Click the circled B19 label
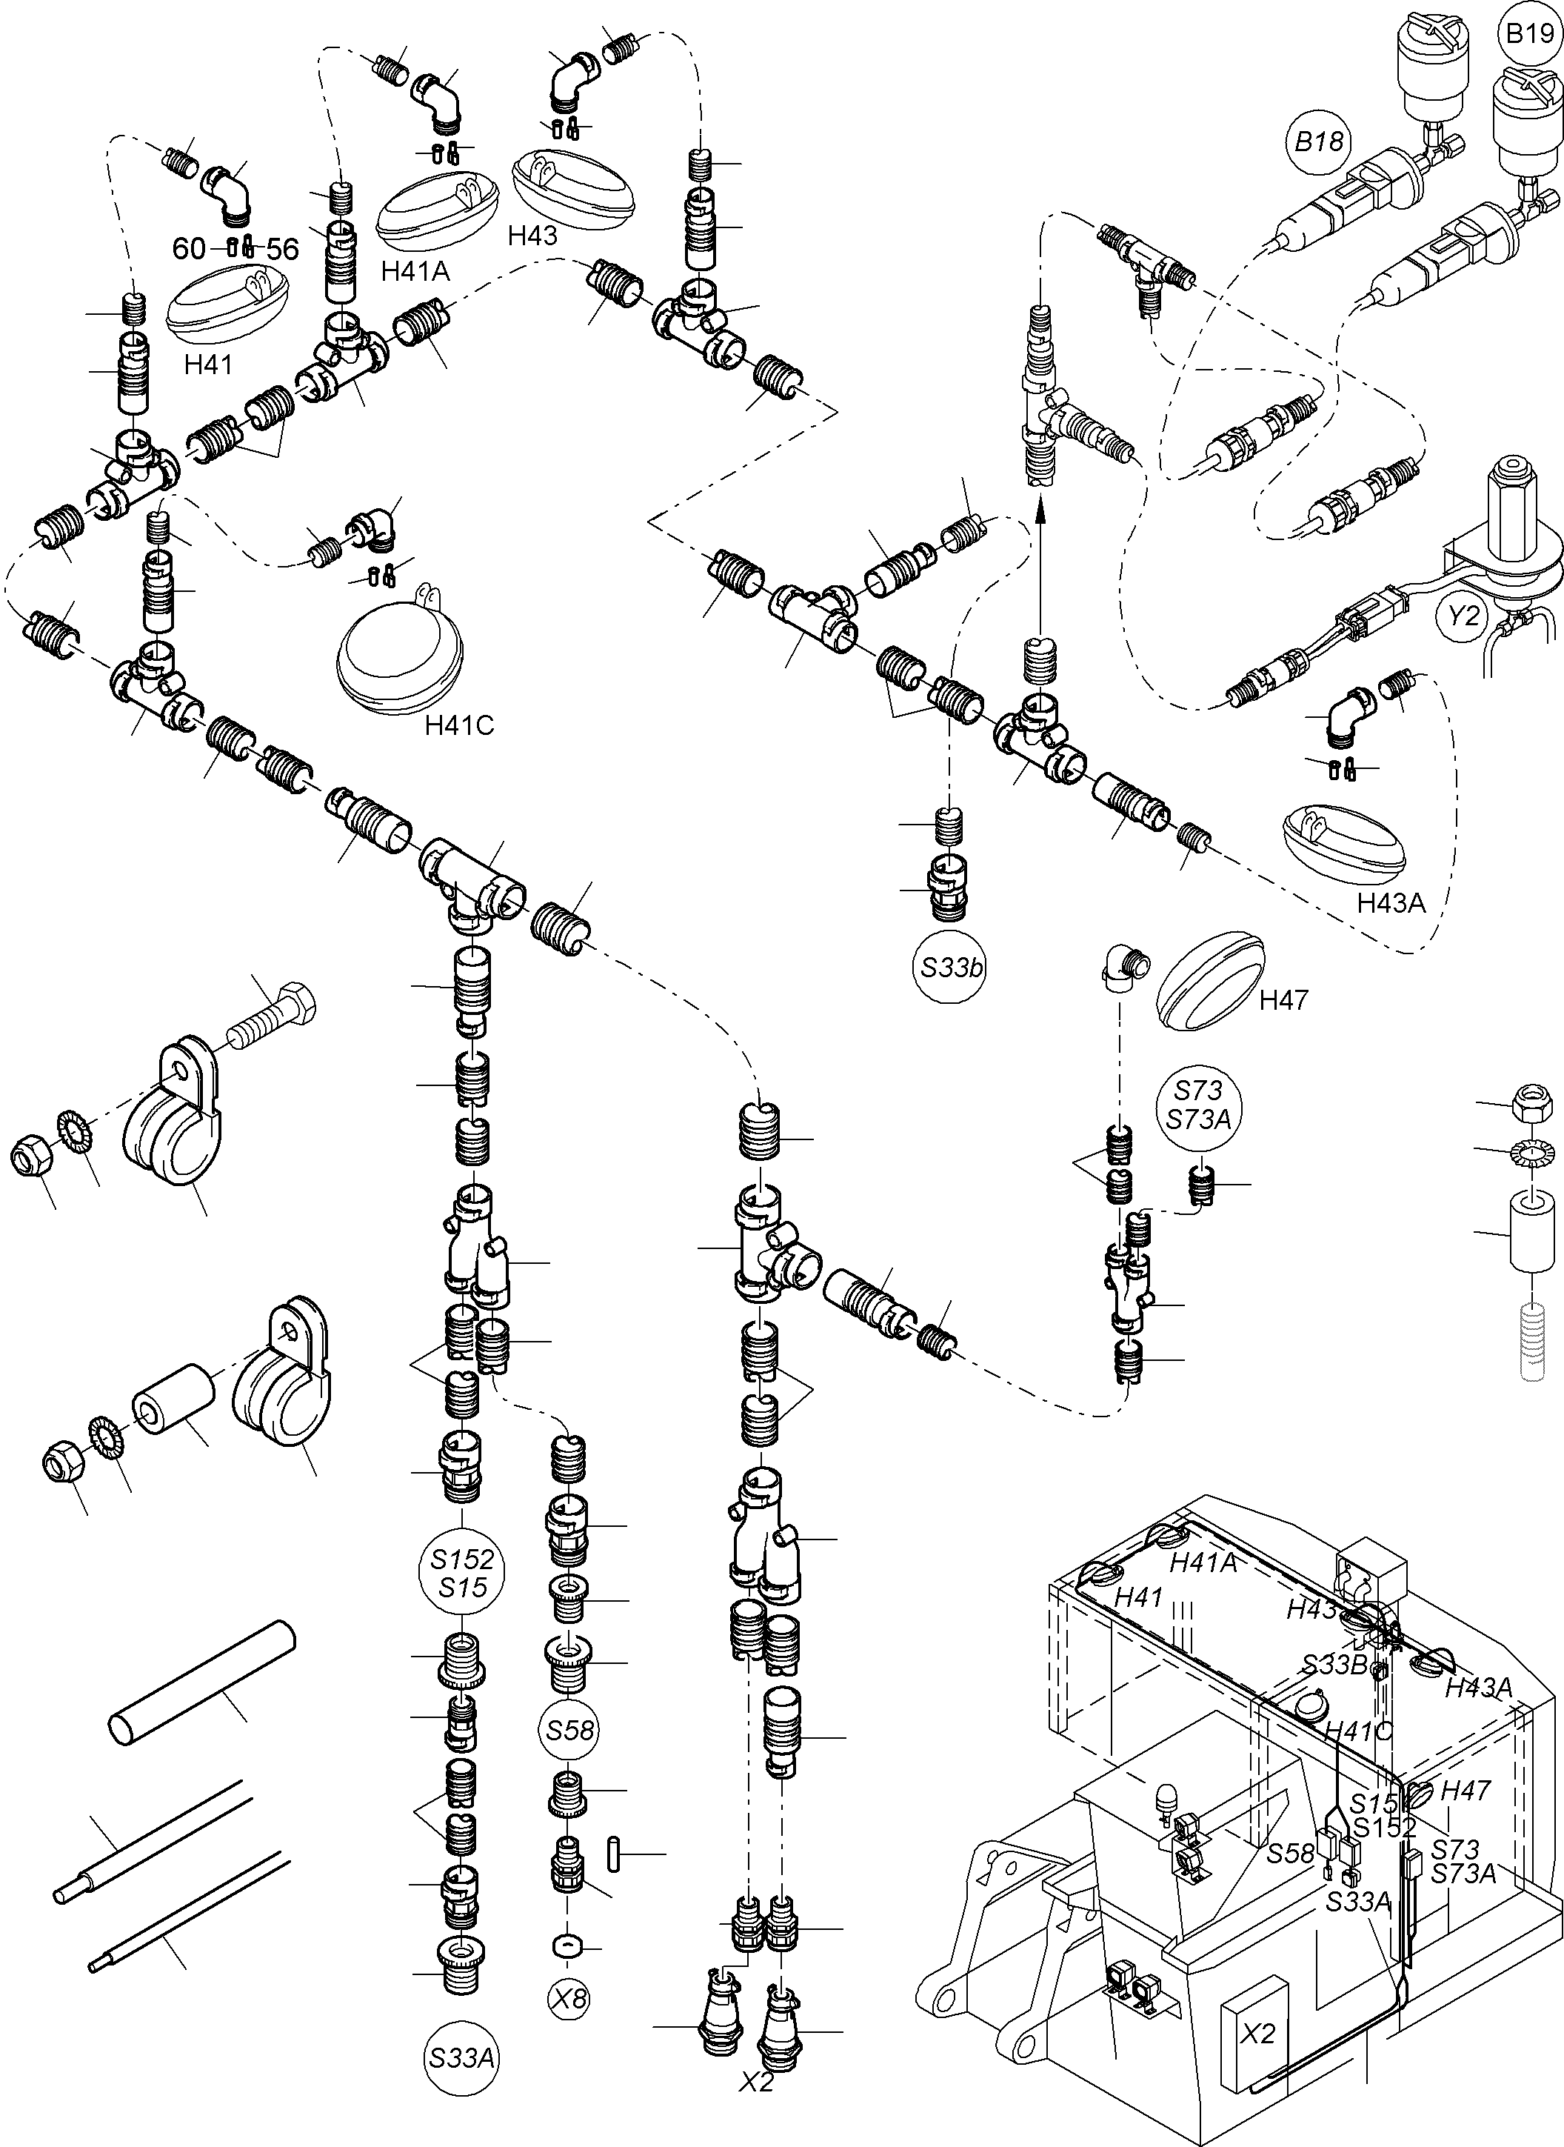(x=1530, y=34)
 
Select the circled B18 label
(x=1319, y=142)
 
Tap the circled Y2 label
(x=1463, y=616)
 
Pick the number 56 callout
(x=282, y=250)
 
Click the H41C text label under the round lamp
(x=459, y=725)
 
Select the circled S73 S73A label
(x=1199, y=1105)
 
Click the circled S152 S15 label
(x=462, y=1574)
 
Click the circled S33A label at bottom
(x=461, y=2058)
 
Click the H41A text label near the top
(x=415, y=272)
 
